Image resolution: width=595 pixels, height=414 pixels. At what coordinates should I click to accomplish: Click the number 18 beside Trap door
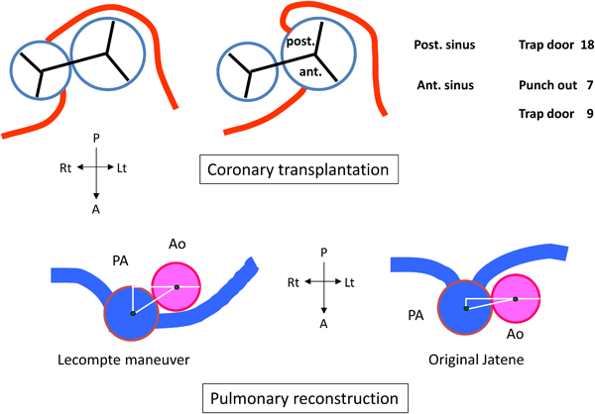click(585, 47)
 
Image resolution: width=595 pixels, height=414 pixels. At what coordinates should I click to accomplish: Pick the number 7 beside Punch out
click(588, 86)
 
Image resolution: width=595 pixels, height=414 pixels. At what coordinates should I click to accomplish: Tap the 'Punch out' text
click(547, 86)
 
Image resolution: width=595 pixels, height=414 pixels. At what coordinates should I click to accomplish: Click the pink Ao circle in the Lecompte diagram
click(177, 287)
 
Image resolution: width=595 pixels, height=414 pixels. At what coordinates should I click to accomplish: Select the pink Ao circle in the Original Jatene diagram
click(516, 298)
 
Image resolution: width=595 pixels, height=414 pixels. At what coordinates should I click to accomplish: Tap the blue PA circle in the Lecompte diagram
click(131, 313)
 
